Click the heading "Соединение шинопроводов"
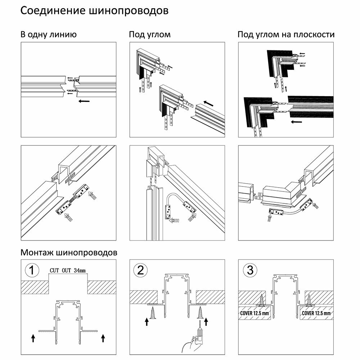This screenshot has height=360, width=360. tap(94, 11)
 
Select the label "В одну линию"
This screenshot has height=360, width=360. tap(48, 35)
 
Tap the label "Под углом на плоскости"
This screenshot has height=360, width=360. tap(286, 35)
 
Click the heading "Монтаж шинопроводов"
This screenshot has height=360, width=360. tap(69, 252)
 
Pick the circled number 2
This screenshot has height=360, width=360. tap(140, 270)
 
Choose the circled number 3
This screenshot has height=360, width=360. tap(249, 270)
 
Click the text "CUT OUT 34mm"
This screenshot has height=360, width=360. tap(68, 270)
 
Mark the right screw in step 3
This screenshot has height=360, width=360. tap(309, 300)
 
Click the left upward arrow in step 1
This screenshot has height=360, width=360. tap(33, 338)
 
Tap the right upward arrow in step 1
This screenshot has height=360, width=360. tap(103, 338)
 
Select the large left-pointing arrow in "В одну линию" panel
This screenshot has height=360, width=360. tap(84, 101)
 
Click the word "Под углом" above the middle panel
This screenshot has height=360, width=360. tap(150, 35)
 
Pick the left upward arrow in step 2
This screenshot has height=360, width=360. tap(147, 321)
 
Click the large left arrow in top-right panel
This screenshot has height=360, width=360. tap(297, 122)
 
